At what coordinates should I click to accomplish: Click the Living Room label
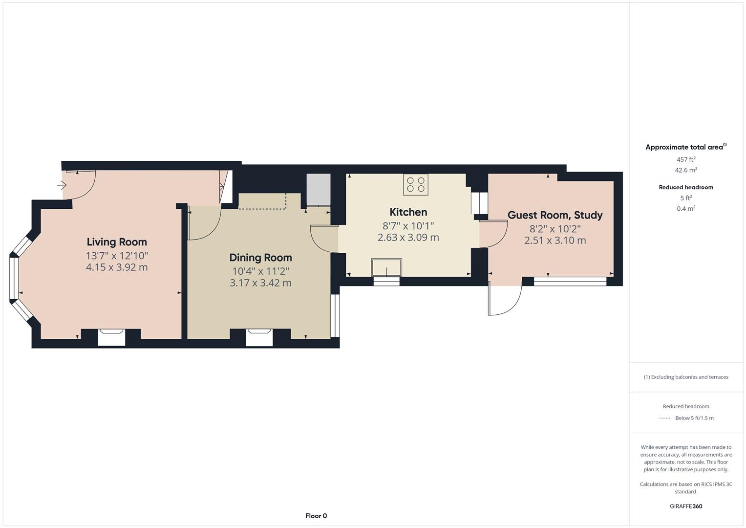(x=117, y=242)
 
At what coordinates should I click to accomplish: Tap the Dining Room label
(x=260, y=258)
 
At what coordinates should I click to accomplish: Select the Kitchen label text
(x=408, y=212)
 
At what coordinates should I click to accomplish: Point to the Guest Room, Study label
(x=554, y=215)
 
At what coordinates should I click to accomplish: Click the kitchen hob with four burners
(x=415, y=184)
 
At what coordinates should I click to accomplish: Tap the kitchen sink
(x=386, y=267)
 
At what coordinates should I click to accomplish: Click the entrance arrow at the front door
(x=62, y=185)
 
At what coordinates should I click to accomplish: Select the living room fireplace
(x=111, y=337)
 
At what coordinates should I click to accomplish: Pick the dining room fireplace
(x=259, y=337)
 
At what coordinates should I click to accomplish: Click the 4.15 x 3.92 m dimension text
(x=117, y=267)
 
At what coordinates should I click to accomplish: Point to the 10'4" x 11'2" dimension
(x=260, y=271)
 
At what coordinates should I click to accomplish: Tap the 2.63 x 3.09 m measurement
(x=408, y=238)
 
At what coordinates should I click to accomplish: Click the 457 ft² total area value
(x=685, y=159)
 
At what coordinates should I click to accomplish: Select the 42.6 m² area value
(x=685, y=170)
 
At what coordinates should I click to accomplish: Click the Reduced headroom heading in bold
(x=685, y=187)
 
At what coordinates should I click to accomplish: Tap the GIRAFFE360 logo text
(x=685, y=506)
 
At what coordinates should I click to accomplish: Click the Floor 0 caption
(x=316, y=516)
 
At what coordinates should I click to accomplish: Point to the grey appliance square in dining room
(x=319, y=190)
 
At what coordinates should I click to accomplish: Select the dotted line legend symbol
(x=664, y=418)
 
